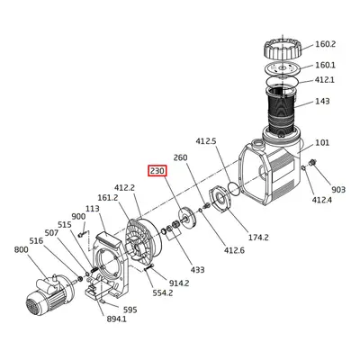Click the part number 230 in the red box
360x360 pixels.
coord(157,171)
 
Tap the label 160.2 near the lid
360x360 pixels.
coord(324,43)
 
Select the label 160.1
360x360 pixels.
coord(324,65)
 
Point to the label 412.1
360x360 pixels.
coord(324,80)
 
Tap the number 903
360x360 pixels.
coord(337,190)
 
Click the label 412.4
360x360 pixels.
coord(322,199)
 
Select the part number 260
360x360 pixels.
coord(180,158)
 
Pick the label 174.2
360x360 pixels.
coord(259,238)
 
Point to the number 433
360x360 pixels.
coord(197,269)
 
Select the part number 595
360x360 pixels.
coord(130,310)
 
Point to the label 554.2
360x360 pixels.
coord(163,293)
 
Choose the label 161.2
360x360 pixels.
coord(107,197)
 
